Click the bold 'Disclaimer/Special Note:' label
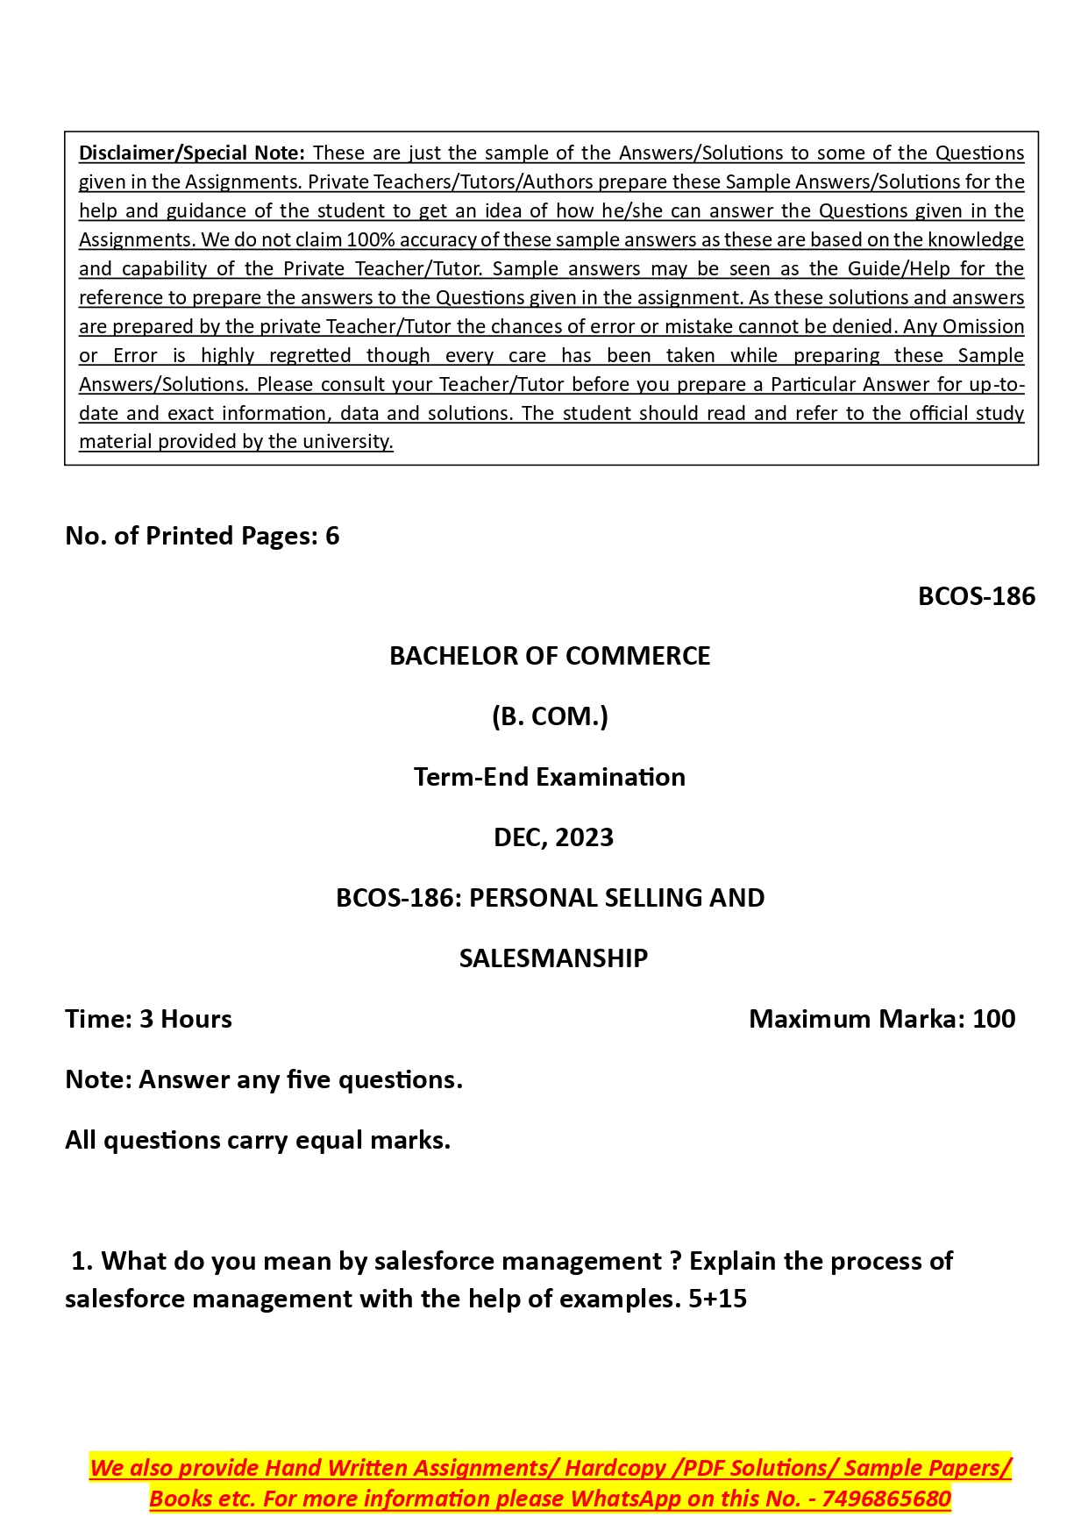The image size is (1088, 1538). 191,153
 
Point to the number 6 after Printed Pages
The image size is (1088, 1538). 332,536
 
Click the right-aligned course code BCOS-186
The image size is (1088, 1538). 976,596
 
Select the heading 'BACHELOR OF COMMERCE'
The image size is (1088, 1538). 550,656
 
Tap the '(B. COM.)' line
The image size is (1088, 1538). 550,716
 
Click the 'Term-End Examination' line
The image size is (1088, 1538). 550,777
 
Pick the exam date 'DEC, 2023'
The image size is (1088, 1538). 553,837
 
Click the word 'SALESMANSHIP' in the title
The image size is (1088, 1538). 553,958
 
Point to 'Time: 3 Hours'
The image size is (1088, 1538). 148,1019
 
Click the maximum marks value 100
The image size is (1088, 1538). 993,1019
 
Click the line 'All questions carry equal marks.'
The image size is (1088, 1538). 258,1140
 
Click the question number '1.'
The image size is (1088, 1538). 82,1261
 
